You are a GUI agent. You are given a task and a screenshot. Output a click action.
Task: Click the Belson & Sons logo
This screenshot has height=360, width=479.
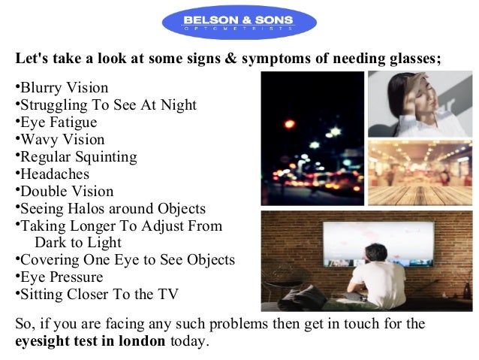tap(239, 23)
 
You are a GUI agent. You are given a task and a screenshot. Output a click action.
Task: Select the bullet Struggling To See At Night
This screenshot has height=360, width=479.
tap(108, 105)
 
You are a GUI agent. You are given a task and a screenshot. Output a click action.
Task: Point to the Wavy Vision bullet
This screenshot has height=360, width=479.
tap(62, 140)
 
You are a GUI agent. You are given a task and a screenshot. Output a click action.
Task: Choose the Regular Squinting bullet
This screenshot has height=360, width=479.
tap(78, 157)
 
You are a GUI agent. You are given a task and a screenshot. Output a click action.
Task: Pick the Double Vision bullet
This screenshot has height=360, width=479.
tap(67, 192)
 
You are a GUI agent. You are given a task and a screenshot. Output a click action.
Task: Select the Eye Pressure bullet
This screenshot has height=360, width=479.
tap(62, 277)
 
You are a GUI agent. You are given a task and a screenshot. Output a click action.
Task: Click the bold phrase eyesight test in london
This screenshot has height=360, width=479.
tap(90, 340)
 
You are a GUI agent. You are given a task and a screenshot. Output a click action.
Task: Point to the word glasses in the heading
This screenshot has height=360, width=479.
tap(411, 58)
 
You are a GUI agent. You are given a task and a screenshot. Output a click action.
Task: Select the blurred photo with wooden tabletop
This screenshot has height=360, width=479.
tap(420, 171)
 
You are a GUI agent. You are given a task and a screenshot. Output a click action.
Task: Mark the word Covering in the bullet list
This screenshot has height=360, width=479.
tap(49, 260)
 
